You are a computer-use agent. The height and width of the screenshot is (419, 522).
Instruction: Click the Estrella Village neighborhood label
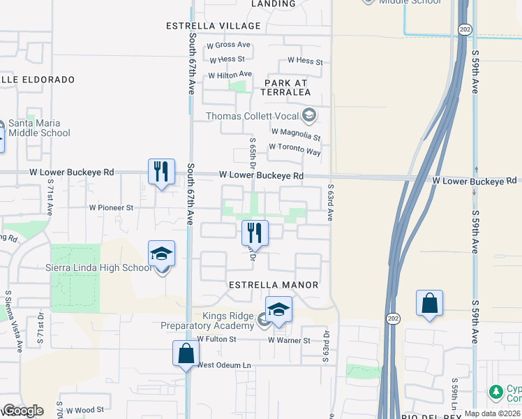(x=213, y=26)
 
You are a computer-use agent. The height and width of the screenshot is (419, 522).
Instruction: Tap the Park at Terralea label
(x=285, y=87)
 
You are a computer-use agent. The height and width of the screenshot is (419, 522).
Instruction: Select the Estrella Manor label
(x=274, y=285)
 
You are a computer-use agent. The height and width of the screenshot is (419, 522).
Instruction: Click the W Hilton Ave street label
(x=230, y=75)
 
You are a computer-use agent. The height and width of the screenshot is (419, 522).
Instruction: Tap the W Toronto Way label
(x=294, y=152)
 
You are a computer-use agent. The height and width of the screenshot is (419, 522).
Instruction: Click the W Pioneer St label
(x=111, y=207)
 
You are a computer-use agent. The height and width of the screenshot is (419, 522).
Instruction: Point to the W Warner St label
(x=289, y=341)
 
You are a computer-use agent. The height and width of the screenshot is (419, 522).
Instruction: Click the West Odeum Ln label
(x=224, y=365)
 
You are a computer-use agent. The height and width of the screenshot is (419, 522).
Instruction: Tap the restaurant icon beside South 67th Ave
(x=161, y=172)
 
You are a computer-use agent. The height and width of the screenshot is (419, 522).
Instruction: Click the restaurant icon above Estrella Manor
(x=255, y=233)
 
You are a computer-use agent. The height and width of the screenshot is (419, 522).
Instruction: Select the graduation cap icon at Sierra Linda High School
(x=161, y=255)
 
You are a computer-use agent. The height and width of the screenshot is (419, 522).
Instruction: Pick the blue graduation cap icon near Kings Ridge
(x=278, y=310)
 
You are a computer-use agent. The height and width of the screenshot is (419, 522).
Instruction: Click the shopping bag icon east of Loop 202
(x=429, y=304)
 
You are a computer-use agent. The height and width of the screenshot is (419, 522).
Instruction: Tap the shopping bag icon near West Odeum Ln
(x=186, y=353)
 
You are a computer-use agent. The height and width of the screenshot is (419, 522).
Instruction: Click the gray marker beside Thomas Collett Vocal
(x=308, y=115)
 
